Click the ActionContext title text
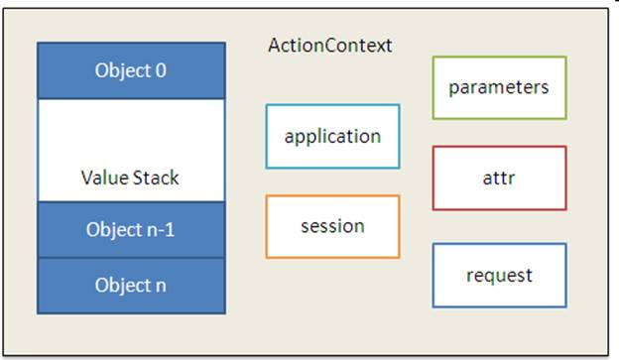coord(330,46)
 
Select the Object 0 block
coord(131,70)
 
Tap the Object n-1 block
coord(131,229)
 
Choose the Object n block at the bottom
coord(131,286)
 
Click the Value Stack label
coord(131,180)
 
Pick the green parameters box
coord(499,87)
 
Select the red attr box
coord(499,179)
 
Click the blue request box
coord(499,275)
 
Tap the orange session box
coord(332,226)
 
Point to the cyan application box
coord(332,136)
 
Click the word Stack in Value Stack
coord(157,180)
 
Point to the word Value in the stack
coord(104,180)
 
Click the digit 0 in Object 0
coord(162,70)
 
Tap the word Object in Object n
coord(121,286)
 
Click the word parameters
coord(499,87)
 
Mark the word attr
coord(499,179)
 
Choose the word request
coord(499,275)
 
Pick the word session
coord(332,226)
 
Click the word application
coord(332,136)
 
